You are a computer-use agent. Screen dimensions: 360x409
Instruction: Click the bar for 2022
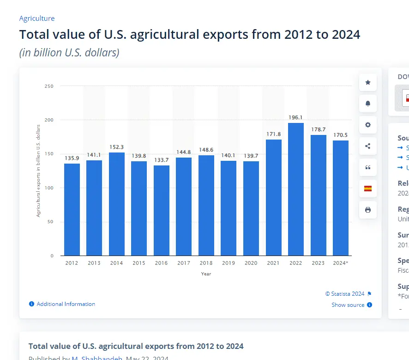296,189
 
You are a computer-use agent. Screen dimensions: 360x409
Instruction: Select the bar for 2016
162,210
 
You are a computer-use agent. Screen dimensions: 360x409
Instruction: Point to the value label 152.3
117,147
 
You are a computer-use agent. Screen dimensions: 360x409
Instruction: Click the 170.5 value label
341,135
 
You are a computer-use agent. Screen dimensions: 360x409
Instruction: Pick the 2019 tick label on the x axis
229,263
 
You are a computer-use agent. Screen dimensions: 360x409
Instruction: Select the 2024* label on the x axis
341,263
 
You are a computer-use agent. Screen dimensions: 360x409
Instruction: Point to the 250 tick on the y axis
49,86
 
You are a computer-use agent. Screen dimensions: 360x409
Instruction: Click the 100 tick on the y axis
49,188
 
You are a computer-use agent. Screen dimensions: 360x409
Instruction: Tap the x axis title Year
206,274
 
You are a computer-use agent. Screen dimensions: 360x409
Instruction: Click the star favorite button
368,82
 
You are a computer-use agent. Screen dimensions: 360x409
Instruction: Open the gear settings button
368,125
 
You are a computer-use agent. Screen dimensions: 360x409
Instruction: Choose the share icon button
368,146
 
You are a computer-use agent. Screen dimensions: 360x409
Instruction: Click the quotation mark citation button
368,167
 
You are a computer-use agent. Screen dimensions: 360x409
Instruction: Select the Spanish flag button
368,189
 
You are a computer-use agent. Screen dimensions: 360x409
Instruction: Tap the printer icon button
368,210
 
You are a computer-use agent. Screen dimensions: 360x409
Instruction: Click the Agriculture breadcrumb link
37,18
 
